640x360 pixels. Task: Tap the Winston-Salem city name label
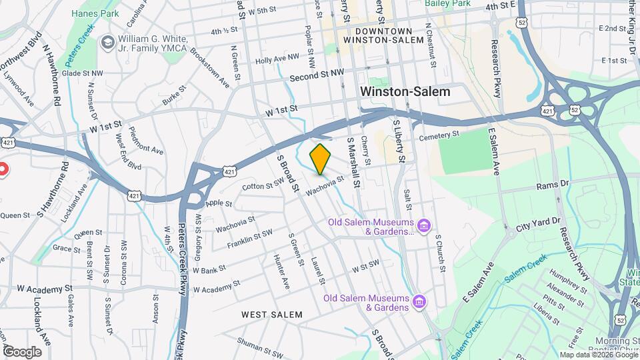click(x=405, y=92)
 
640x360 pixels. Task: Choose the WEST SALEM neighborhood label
click(x=271, y=314)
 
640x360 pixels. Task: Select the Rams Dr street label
click(x=552, y=183)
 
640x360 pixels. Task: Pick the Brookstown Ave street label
click(x=209, y=67)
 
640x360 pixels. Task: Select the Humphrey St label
click(x=567, y=276)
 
